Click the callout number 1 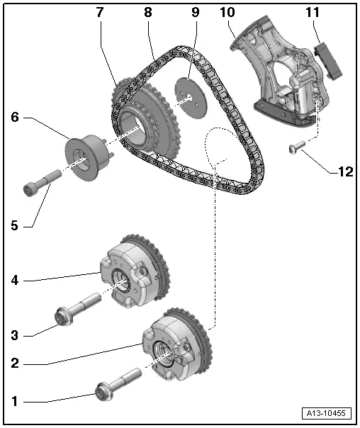click(x=14, y=400)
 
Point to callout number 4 click(x=14, y=280)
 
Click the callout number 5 click(x=14, y=226)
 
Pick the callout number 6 click(x=14, y=118)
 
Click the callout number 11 click(x=313, y=13)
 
